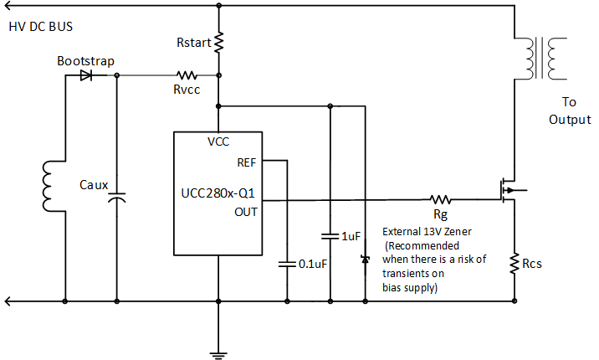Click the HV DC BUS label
[40, 27]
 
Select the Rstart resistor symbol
[218, 42]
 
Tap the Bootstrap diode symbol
[85, 75]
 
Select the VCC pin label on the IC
[218, 141]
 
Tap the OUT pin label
[246, 211]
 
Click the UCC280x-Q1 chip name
[218, 193]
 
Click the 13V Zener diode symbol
[365, 260]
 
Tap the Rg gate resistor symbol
[440, 200]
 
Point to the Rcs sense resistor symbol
[515, 265]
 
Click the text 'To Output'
[570, 111]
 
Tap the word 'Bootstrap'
[85, 61]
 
